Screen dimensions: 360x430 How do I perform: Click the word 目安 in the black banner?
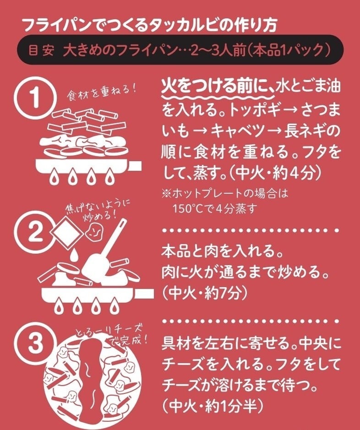coord(41,49)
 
